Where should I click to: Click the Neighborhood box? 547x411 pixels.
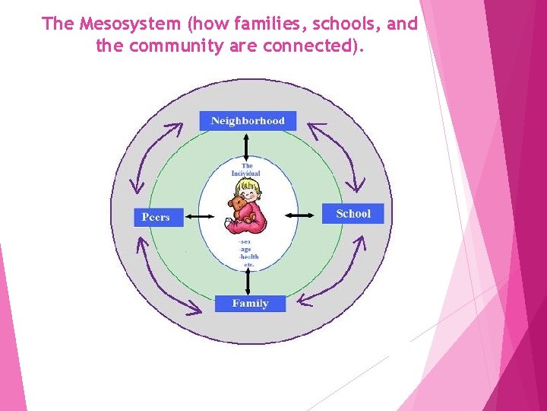point(248,120)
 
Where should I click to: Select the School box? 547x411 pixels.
point(353,213)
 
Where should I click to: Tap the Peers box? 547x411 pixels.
point(156,217)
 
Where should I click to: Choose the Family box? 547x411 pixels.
point(250,303)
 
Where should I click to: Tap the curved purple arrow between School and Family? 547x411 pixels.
point(334,273)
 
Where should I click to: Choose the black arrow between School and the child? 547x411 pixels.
point(300,215)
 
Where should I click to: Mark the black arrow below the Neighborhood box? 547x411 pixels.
point(247,145)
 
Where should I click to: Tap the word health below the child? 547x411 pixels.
point(249,257)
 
